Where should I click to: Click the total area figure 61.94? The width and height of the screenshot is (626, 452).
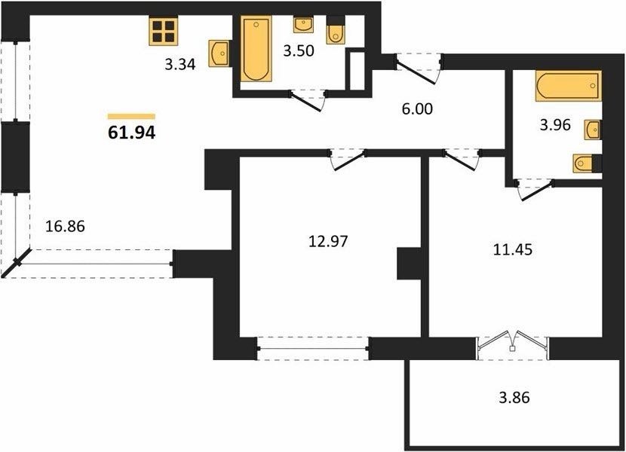[132, 133]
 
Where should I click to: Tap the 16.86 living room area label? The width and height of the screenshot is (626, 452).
[65, 227]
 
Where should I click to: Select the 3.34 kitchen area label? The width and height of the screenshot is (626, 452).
[180, 64]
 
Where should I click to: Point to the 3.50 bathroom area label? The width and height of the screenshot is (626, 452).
[299, 50]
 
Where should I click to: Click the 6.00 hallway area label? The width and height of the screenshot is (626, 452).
[417, 108]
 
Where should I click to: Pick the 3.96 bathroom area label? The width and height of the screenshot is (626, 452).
[555, 125]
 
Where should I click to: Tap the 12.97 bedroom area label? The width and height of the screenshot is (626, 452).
[329, 241]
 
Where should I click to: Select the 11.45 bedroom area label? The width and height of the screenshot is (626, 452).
[513, 250]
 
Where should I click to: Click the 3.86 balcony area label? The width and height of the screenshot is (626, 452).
[514, 397]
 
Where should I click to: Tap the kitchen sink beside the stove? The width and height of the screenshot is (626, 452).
[219, 53]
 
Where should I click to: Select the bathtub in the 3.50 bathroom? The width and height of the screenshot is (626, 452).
[256, 49]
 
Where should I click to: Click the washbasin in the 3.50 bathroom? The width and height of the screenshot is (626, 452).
[304, 25]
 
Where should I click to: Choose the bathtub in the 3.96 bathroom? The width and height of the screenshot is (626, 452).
[568, 86]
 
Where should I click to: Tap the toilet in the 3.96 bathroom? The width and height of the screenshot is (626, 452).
[587, 163]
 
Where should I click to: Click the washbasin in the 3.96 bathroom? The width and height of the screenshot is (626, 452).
[594, 130]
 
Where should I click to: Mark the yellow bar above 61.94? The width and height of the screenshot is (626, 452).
[131, 117]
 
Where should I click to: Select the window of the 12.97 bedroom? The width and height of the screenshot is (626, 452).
[314, 349]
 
